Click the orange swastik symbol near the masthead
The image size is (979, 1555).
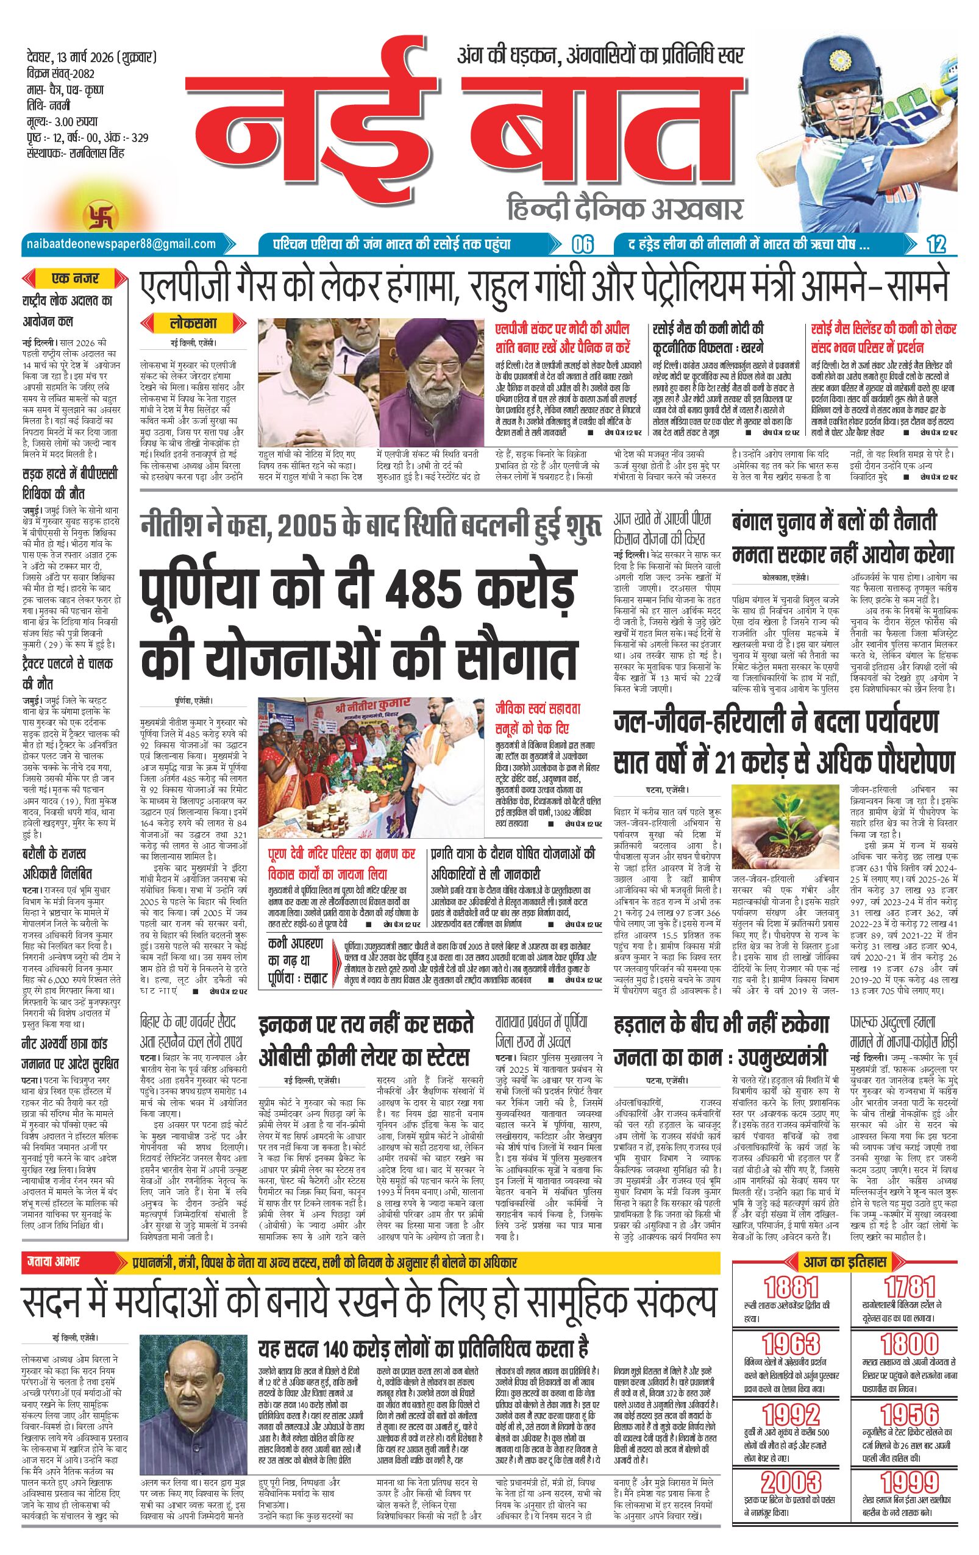[x=95, y=215]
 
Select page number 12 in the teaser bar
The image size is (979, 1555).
[x=936, y=244]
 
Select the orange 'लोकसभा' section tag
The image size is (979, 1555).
[x=194, y=322]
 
